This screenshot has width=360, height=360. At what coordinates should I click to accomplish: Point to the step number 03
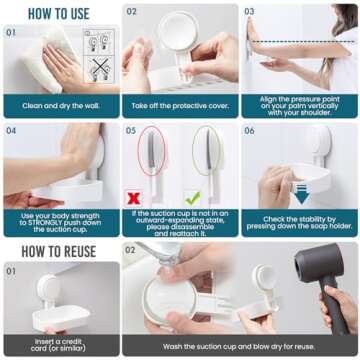tap(249, 12)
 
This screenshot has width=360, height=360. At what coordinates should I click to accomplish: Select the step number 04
tap(11, 130)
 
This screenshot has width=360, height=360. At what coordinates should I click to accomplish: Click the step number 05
tap(131, 130)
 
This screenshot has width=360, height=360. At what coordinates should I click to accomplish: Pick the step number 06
tap(249, 130)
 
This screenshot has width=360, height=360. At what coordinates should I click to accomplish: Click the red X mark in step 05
tap(132, 198)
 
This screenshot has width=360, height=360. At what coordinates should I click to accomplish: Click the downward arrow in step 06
tap(301, 193)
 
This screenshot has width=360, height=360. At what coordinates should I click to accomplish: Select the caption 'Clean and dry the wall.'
tap(60, 105)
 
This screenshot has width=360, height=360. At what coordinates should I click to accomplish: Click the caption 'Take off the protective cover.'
tap(180, 105)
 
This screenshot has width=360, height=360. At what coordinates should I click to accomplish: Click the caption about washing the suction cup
tap(240, 345)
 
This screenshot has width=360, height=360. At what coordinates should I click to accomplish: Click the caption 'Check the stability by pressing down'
tap(299, 222)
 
